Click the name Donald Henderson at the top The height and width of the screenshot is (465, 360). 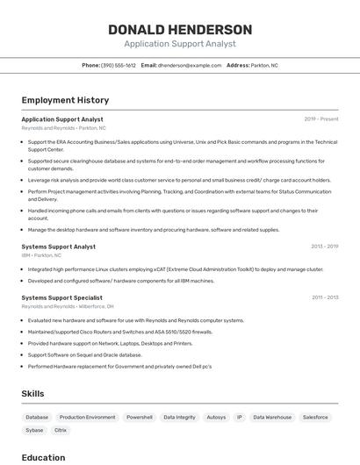[x=180, y=29]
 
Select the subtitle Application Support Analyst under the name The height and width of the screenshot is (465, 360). [x=180, y=44]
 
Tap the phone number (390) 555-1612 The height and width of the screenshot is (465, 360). [x=119, y=65]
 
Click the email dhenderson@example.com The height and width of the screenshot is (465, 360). [x=190, y=65]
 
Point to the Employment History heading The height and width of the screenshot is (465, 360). [x=65, y=100]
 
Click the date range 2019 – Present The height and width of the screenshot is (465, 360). [x=320, y=119]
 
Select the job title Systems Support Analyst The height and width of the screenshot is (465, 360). [x=59, y=247]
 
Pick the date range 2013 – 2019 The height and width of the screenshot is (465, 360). [x=324, y=247]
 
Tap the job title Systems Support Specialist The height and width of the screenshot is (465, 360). [x=61, y=297]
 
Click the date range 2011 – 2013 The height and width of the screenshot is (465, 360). [x=325, y=297]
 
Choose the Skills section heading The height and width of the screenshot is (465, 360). [x=33, y=394]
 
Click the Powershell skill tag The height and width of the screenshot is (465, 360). [x=140, y=418]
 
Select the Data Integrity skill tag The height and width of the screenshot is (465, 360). [x=180, y=418]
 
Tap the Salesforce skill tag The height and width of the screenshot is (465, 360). [x=315, y=418]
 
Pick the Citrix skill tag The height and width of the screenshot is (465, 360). [x=61, y=431]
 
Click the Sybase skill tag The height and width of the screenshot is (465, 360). [x=34, y=431]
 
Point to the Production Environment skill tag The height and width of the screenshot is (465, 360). [x=87, y=418]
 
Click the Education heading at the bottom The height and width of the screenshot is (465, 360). [x=43, y=457]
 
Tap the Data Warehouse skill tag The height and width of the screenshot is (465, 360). [x=272, y=418]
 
